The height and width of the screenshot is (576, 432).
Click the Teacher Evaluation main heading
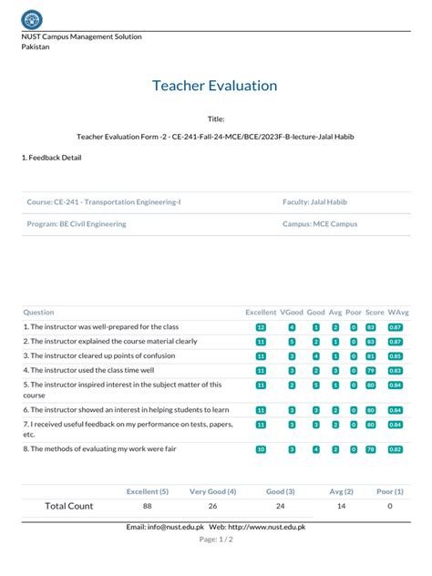pyautogui.click(x=215, y=86)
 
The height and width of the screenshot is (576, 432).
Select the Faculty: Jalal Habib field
pyautogui.click(x=314, y=201)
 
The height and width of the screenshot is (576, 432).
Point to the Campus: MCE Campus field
pyautogui.click(x=320, y=223)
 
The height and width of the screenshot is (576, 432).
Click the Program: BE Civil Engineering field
pyautogui.click(x=77, y=223)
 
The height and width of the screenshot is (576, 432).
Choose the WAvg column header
pyautogui.click(x=397, y=312)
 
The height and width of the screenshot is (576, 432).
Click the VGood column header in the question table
pyautogui.click(x=292, y=312)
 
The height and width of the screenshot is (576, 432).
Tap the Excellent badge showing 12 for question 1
pyautogui.click(x=261, y=327)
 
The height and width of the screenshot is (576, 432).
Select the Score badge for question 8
pyautogui.click(x=371, y=449)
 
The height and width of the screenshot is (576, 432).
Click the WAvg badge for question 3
pyautogui.click(x=396, y=356)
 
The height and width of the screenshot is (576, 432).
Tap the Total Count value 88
pyautogui.click(x=147, y=506)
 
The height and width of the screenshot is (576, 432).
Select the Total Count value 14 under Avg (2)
pyautogui.click(x=341, y=506)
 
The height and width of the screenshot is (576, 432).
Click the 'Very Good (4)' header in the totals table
pyautogui.click(x=212, y=491)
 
